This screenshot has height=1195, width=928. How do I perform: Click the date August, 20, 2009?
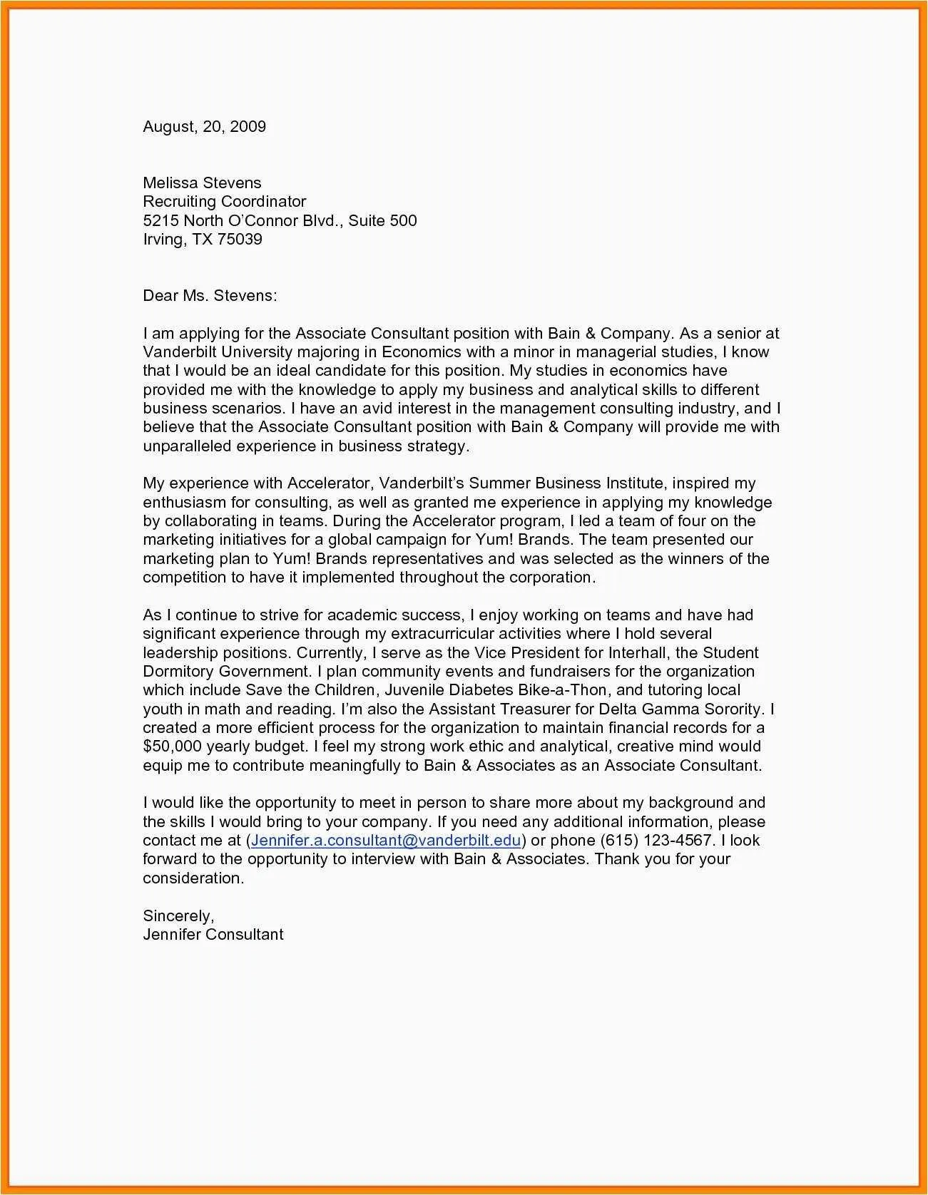(x=204, y=127)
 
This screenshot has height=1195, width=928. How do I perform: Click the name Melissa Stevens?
(x=202, y=183)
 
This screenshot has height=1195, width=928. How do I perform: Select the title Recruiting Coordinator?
(x=224, y=202)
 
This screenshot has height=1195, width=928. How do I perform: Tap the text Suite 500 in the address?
(x=382, y=220)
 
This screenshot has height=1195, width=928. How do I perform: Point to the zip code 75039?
(x=240, y=239)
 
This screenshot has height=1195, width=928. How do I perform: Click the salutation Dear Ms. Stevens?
(x=210, y=296)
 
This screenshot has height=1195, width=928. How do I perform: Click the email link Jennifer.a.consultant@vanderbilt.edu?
(x=386, y=841)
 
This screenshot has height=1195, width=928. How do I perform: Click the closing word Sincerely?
(x=178, y=916)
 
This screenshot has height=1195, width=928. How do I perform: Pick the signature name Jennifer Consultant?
(x=213, y=935)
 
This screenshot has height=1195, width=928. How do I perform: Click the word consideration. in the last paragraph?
(x=193, y=878)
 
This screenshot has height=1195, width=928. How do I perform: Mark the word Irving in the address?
(x=163, y=239)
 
